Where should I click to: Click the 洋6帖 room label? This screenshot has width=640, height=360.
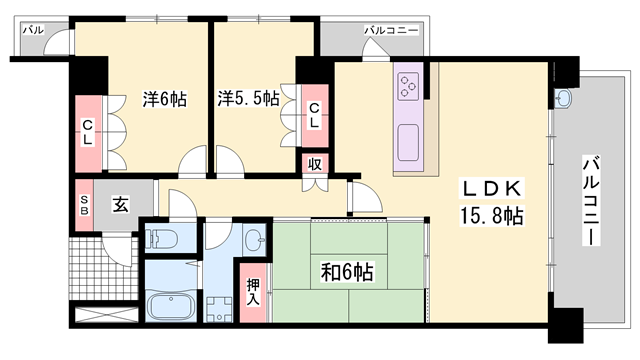tap(164, 99)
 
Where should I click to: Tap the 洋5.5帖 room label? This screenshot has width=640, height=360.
tap(250, 99)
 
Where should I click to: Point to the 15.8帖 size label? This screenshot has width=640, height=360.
tap(492, 216)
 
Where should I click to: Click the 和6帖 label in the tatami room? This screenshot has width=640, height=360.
tap(347, 270)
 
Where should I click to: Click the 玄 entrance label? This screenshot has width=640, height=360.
tap(120, 205)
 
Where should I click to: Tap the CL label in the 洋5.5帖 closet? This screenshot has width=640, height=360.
tap(313, 115)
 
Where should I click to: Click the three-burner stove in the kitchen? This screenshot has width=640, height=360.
tap(410, 85)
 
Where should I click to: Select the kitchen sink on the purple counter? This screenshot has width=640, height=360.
tap(409, 145)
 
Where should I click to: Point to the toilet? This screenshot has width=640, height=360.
tap(163, 239)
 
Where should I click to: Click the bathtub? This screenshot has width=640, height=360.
tap(174, 306)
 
